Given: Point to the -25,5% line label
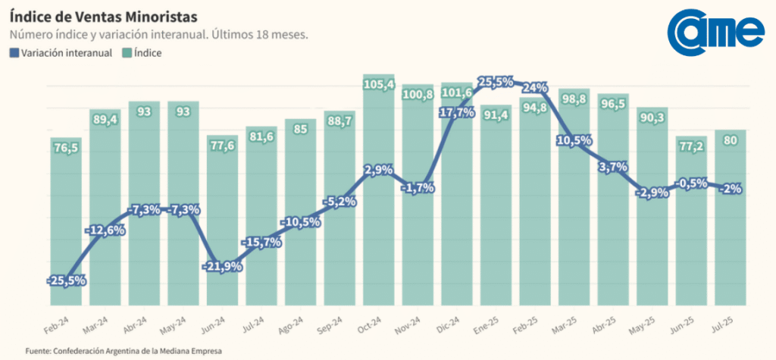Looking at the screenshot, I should [x=67, y=280].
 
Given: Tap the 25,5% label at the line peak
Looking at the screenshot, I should [x=497, y=81].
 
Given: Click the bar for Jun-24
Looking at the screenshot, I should [x=223, y=227].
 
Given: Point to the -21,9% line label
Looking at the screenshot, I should [x=223, y=266].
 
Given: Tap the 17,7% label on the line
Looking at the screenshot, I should [x=458, y=112].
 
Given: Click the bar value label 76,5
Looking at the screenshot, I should [x=67, y=148].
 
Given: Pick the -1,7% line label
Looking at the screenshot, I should [x=418, y=188].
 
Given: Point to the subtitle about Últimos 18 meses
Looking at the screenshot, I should [x=158, y=35].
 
